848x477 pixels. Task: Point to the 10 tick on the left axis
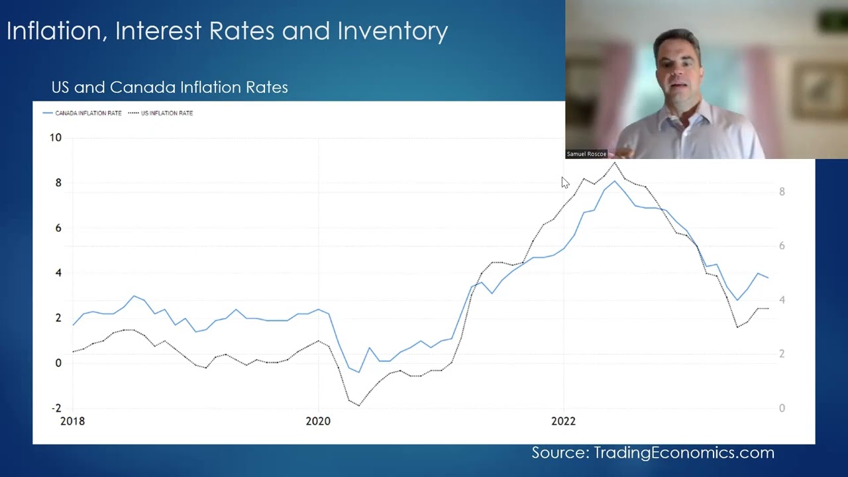point(55,138)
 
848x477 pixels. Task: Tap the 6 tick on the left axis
point(58,228)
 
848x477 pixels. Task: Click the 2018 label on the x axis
point(72,421)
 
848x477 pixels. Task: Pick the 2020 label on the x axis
point(318,421)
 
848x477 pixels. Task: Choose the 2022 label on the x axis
point(564,421)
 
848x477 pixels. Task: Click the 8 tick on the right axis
point(782,192)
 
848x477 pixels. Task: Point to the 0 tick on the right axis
point(782,408)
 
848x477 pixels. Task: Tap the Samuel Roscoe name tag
point(586,154)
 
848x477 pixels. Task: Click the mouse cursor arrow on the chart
point(564,182)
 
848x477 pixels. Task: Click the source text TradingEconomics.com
point(684,453)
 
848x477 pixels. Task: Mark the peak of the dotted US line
point(615,162)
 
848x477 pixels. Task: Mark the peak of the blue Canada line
point(615,181)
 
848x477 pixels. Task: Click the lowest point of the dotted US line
point(359,405)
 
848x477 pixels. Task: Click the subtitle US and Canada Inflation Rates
point(170,87)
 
